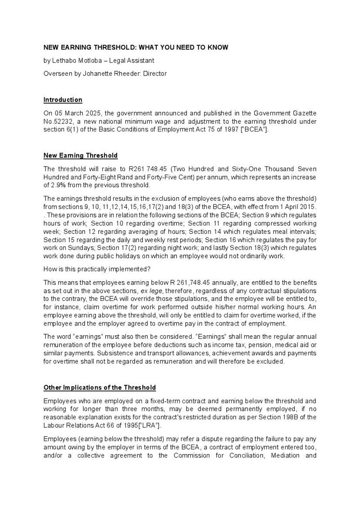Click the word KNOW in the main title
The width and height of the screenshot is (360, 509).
[x=218, y=47]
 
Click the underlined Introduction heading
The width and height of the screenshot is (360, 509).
[x=63, y=100]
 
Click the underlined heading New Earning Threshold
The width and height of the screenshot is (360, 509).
[x=80, y=155]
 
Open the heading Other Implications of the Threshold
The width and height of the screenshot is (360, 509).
[x=100, y=387]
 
